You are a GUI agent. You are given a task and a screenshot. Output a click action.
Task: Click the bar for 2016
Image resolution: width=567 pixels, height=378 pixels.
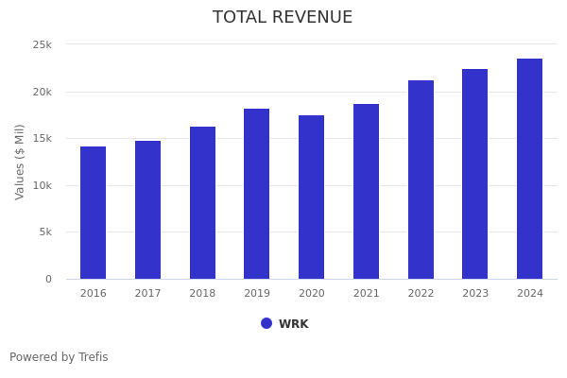tap(93, 213)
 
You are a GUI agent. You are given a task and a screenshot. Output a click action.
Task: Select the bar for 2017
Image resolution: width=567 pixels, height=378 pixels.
tap(147, 210)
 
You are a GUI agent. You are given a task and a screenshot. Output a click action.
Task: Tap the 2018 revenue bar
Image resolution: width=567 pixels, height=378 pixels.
tap(202, 203)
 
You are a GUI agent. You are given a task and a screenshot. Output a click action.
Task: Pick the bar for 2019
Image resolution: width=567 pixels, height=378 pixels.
tap(256, 194)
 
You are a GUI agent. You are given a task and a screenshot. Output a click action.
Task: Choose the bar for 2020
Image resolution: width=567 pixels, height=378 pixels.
tap(311, 198)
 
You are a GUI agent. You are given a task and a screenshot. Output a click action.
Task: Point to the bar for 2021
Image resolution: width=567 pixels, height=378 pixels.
tap(366, 192)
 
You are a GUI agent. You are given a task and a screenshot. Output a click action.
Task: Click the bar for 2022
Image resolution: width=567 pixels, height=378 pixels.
tap(421, 180)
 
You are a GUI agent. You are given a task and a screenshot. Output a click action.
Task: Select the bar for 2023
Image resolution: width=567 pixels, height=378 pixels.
tap(475, 174)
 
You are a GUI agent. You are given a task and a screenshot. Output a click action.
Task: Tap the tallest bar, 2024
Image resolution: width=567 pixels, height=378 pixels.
tap(529, 169)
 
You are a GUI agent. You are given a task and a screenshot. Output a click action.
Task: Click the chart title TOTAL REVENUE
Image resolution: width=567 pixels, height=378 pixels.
tap(283, 18)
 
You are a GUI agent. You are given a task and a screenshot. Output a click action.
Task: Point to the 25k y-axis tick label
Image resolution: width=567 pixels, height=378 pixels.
tap(42, 44)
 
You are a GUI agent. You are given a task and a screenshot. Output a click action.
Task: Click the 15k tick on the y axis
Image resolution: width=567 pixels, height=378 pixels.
tap(42, 139)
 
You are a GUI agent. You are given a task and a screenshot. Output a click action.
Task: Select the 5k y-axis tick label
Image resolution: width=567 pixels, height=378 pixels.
tap(44, 232)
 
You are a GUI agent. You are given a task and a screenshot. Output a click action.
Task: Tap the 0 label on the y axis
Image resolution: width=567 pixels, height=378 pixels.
tap(48, 280)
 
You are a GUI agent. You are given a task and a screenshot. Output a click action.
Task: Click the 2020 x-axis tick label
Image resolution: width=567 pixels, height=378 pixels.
tap(311, 294)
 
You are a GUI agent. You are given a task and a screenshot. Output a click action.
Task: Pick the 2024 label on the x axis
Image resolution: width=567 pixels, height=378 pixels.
tap(529, 294)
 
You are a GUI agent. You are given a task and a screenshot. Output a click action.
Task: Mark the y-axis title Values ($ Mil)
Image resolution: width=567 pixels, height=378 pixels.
tap(20, 162)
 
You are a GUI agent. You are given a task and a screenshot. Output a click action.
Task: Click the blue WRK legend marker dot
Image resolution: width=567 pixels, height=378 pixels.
tap(266, 323)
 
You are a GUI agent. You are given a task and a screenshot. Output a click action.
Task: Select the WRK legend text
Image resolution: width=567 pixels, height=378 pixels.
tap(293, 324)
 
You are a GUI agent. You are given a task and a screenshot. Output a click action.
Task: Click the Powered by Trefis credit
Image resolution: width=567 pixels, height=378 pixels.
tap(59, 357)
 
